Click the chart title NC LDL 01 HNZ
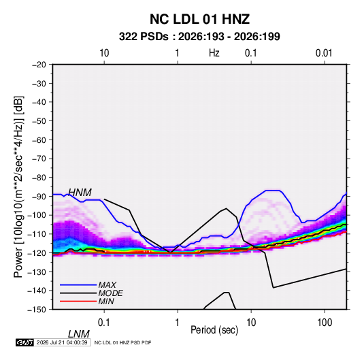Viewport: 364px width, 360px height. click(x=199, y=19)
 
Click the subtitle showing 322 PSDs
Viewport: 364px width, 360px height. click(x=199, y=37)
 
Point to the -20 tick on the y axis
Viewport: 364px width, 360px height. click(x=39, y=65)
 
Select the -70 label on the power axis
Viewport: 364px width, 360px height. click(x=39, y=159)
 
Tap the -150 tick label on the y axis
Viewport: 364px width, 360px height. click(x=37, y=310)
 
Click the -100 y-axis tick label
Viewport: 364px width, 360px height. click(x=37, y=215)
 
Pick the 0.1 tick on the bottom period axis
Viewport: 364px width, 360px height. click(x=104, y=323)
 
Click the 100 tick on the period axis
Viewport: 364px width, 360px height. click(x=325, y=323)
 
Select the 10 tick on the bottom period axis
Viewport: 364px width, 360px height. click(x=251, y=323)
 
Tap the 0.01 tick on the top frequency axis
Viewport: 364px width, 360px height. click(x=324, y=53)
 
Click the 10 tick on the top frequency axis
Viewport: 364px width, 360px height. click(x=104, y=53)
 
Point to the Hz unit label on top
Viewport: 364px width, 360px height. click(x=214, y=53)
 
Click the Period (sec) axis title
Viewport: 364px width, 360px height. click(x=214, y=330)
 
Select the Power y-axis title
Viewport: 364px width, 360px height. click(x=18, y=187)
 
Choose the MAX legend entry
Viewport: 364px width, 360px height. click(x=107, y=284)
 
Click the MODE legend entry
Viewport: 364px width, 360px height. click(x=110, y=293)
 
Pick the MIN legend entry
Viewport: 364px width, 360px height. click(x=106, y=301)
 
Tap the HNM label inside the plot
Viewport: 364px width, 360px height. click(x=80, y=193)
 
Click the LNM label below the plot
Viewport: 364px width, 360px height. click(x=79, y=334)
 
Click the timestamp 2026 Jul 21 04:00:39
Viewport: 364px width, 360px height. click(x=62, y=342)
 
